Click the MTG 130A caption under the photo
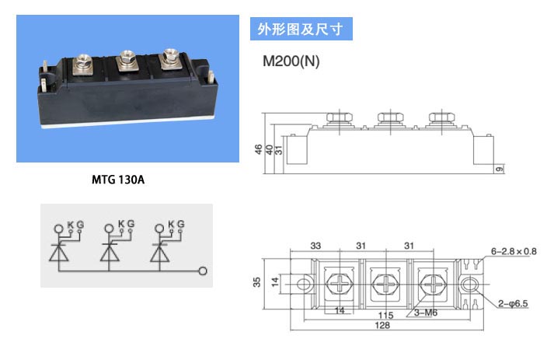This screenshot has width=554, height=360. pyautogui.click(x=118, y=180)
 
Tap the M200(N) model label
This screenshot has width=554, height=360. pyautogui.click(x=291, y=61)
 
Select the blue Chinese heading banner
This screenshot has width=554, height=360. pyautogui.click(x=301, y=29)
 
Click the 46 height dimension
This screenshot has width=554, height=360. pyautogui.click(x=259, y=149)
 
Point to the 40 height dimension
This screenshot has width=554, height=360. pyautogui.click(x=269, y=149)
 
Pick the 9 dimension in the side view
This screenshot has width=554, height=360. pyautogui.click(x=500, y=169)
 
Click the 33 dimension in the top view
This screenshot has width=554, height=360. pyautogui.click(x=315, y=246)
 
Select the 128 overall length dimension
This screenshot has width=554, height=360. pyautogui.click(x=382, y=325)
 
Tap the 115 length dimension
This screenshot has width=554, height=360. pyautogui.click(x=385, y=315)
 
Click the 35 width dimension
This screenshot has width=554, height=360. pyautogui.click(x=257, y=281)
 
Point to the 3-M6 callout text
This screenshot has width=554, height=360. pyautogui.click(x=425, y=313)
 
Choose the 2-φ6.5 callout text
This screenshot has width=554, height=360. pyautogui.click(x=513, y=303)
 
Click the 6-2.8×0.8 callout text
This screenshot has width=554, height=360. pyautogui.click(x=514, y=251)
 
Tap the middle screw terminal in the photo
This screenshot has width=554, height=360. pyautogui.click(x=127, y=59)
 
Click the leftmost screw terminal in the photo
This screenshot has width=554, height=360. pyautogui.click(x=82, y=64)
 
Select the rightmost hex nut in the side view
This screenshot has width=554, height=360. pyautogui.click(x=441, y=117)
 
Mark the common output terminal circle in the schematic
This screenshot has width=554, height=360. pyautogui.click(x=203, y=271)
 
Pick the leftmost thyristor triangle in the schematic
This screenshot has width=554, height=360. pyautogui.click(x=58, y=253)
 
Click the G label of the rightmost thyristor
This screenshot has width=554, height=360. pyautogui.click(x=180, y=224)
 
